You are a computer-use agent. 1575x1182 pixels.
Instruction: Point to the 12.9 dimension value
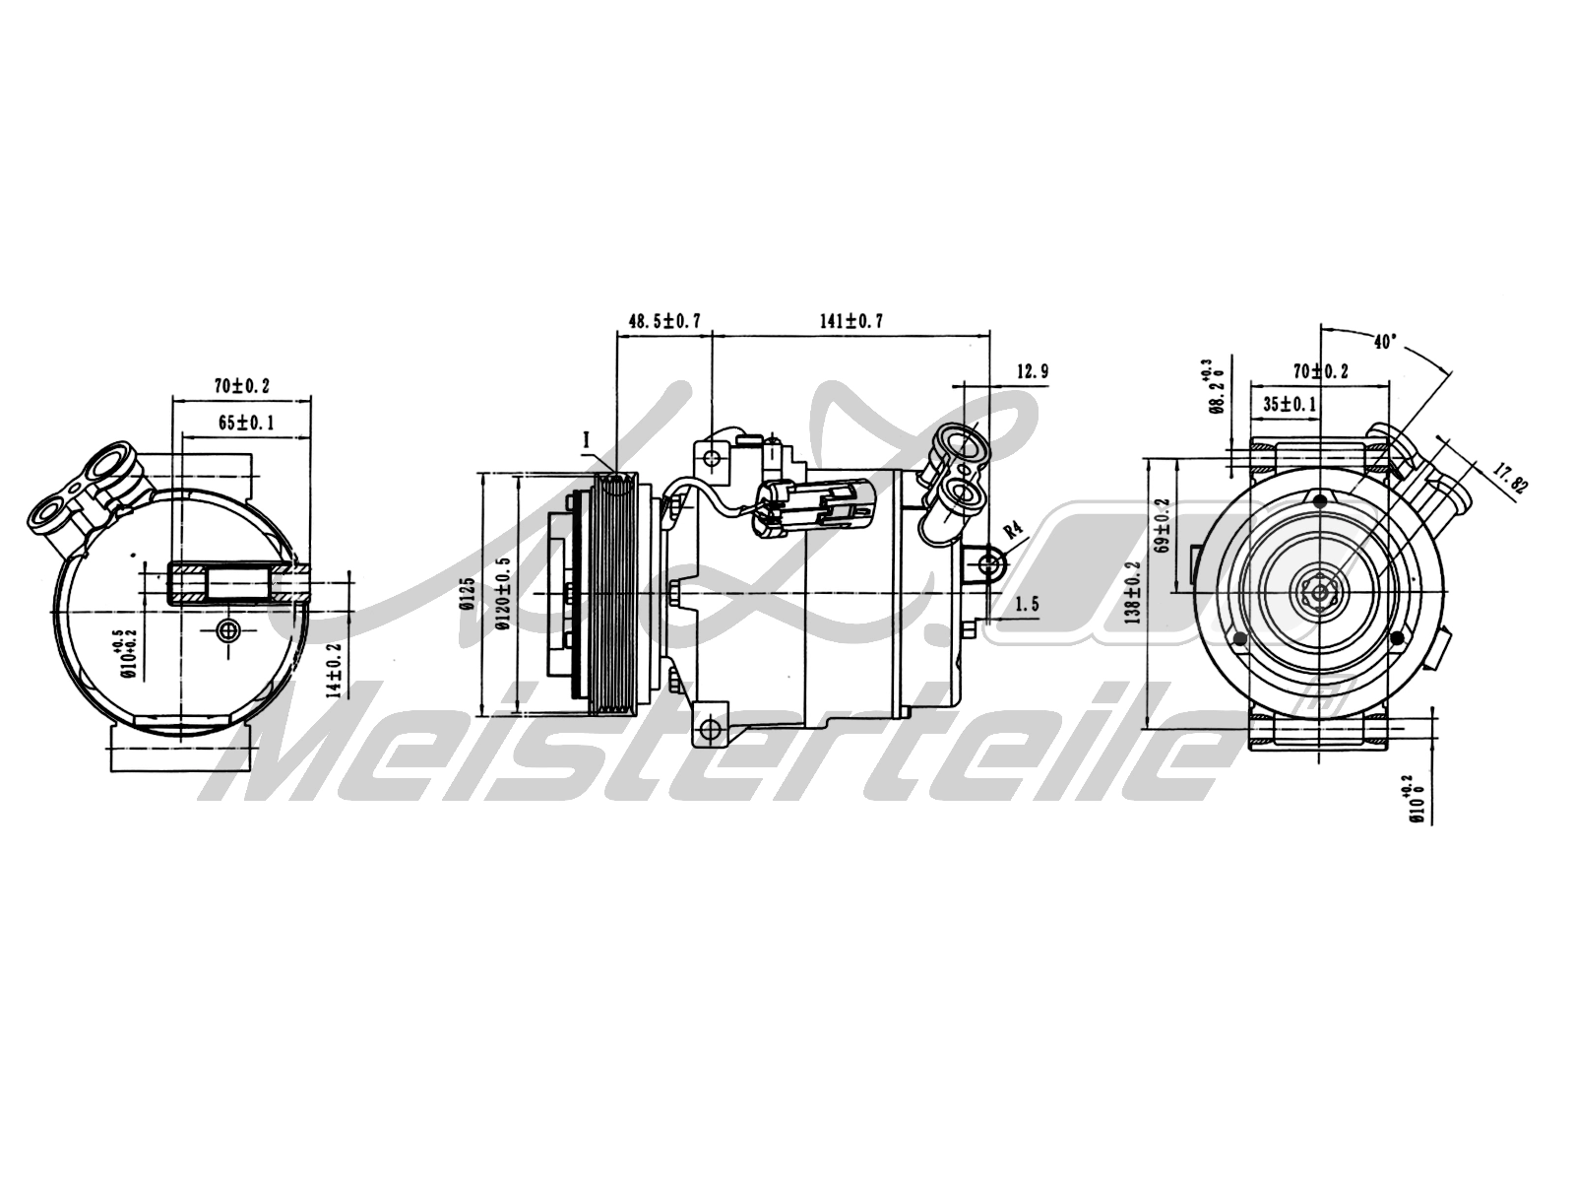(1030, 371)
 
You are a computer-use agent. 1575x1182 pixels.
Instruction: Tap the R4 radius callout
(1013, 533)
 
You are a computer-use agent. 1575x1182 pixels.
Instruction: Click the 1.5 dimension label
(1027, 605)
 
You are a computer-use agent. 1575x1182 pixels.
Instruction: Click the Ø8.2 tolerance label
(1212, 388)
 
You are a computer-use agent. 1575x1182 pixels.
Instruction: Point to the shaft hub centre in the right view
(1317, 593)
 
